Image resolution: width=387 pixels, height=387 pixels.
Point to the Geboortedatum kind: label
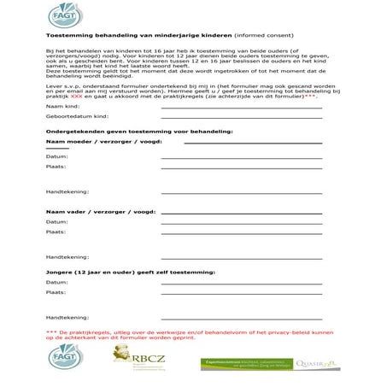tap(78, 114)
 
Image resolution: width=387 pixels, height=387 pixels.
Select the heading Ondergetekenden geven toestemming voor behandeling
tap(133, 131)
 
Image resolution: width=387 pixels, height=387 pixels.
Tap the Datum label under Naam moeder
tap(57, 157)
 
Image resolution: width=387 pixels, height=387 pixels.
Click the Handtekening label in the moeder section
tap(67, 191)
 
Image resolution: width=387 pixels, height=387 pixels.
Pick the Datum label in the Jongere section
tap(57, 282)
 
